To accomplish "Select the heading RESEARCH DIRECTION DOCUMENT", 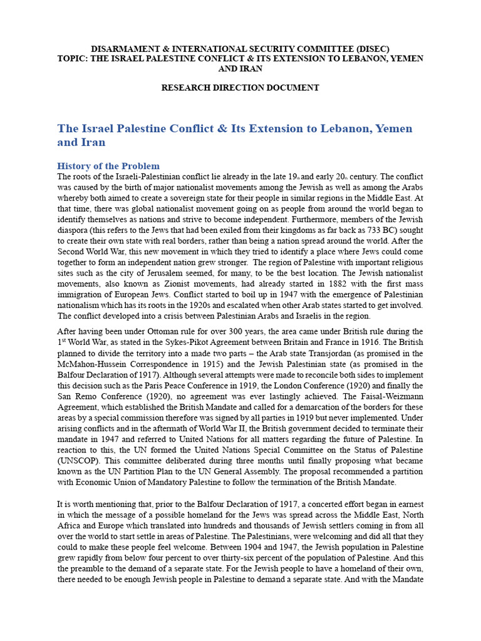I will pos(240,88).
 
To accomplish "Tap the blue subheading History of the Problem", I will pos(108,166).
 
